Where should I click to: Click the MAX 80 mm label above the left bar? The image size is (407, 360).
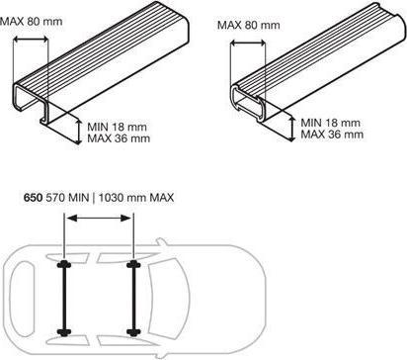click(x=31, y=22)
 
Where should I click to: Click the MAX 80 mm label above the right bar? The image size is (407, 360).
click(x=249, y=25)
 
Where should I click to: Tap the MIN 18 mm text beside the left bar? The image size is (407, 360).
click(x=118, y=127)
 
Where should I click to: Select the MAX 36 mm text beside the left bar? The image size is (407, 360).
click(x=119, y=138)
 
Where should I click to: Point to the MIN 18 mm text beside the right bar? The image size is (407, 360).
click(x=331, y=123)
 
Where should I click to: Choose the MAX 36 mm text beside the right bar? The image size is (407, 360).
click(x=332, y=135)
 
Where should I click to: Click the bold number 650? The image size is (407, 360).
click(x=33, y=198)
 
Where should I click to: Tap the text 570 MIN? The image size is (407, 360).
click(x=67, y=198)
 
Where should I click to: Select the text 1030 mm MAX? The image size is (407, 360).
click(x=136, y=198)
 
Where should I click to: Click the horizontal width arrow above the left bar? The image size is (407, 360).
click(x=31, y=40)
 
